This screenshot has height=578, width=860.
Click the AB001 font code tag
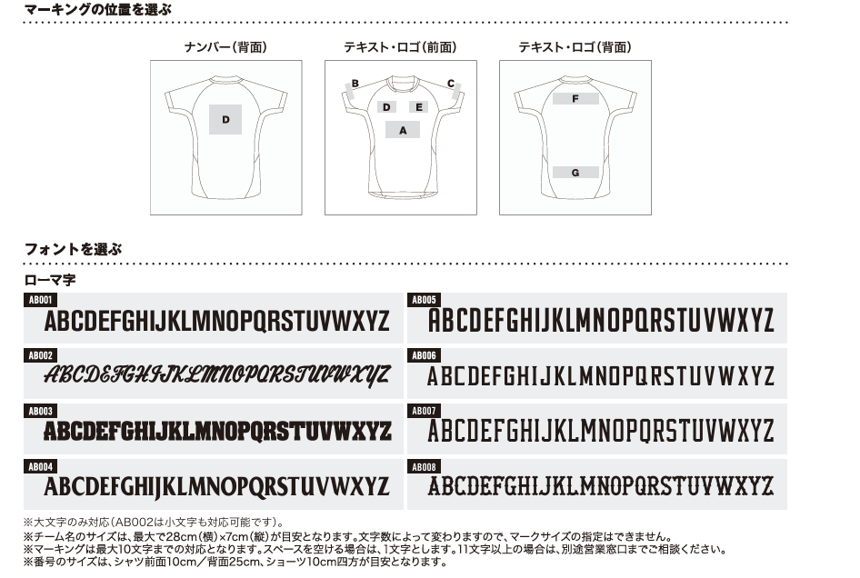tap(41, 300)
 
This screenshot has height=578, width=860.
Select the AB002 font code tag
tap(41, 355)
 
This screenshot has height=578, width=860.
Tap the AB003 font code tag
tap(41, 411)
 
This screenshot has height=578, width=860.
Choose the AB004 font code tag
tap(41, 467)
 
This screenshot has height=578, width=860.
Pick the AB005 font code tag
tap(424, 300)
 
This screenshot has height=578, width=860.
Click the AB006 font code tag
tap(424, 355)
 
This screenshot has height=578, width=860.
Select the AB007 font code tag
tap(424, 411)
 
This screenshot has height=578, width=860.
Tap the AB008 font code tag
tap(424, 467)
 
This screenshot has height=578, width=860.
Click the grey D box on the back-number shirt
tap(225, 119)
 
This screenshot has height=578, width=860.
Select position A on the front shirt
tap(403, 130)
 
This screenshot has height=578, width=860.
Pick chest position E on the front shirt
tap(419, 107)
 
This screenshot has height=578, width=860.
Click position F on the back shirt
tap(575, 99)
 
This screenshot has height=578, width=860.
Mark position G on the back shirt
tap(575, 172)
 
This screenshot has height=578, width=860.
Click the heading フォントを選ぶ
tap(73, 249)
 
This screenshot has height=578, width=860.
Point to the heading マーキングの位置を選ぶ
tap(98, 9)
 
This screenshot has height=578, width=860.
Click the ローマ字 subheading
tap(50, 280)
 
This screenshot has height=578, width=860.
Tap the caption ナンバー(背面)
tap(225, 47)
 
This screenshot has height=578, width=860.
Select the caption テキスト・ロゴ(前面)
tap(400, 47)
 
